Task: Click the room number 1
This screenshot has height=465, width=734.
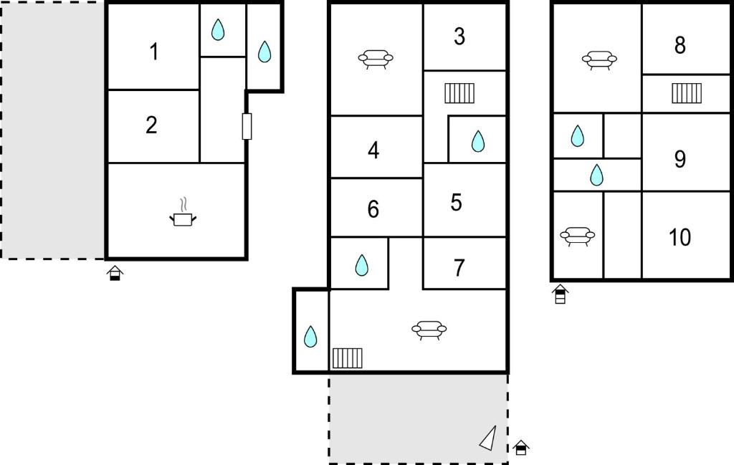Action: [x=154, y=52]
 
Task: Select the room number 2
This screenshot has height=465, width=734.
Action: [x=151, y=125]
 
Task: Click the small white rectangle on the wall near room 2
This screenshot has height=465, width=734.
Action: [x=247, y=126]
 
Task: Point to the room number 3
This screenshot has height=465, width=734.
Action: [x=459, y=36]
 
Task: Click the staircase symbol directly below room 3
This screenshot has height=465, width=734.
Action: [x=459, y=93]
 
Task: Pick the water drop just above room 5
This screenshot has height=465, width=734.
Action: [x=478, y=141]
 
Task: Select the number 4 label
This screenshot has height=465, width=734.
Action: [x=373, y=150]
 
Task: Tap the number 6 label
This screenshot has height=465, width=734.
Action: [x=373, y=209]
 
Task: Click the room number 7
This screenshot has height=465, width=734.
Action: [x=459, y=268]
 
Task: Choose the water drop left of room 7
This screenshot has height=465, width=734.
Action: [x=361, y=265]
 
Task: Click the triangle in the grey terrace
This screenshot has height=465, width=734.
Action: [x=488, y=438]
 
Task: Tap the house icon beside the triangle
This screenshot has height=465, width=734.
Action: [x=520, y=448]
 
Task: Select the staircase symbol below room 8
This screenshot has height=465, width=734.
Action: [x=687, y=93]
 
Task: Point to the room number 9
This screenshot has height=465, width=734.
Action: [x=680, y=159]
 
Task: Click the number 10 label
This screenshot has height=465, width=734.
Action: [x=680, y=237]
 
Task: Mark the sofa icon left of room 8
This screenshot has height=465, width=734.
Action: [x=599, y=60]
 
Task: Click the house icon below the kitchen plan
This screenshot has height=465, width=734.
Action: [x=115, y=273]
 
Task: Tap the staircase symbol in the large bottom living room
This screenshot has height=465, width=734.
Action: [x=348, y=358]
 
